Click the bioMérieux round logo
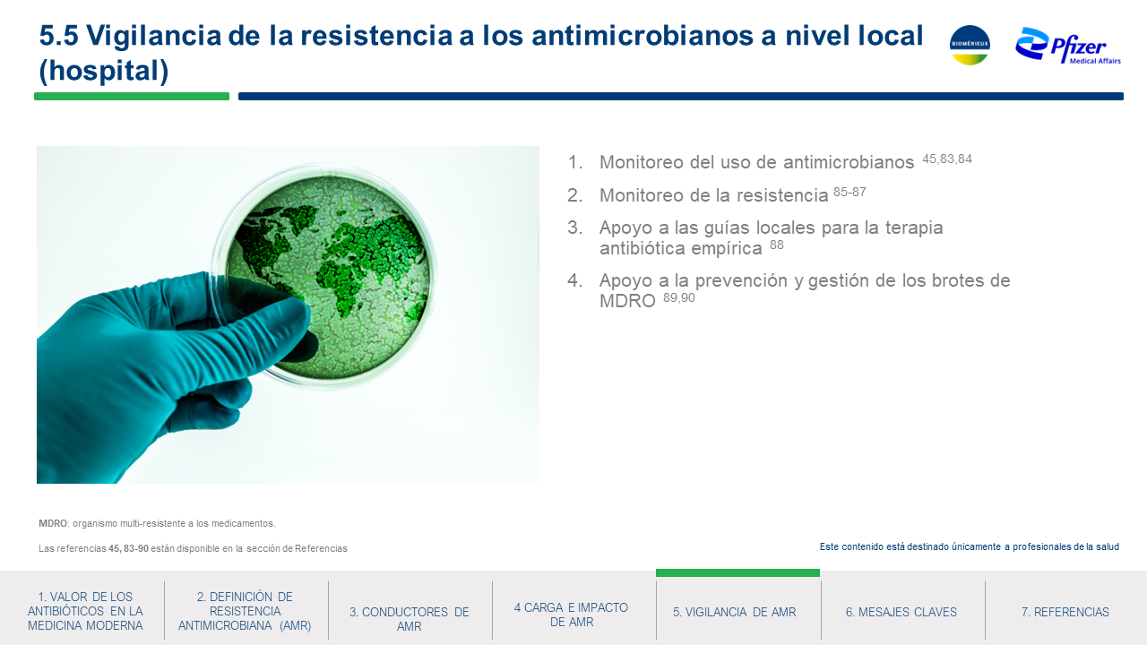coord(970,45)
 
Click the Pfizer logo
coord(1068,46)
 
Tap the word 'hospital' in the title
coord(103,70)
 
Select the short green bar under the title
coord(132,96)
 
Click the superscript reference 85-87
coord(849,192)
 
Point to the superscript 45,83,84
coord(947,159)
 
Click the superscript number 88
coord(776,245)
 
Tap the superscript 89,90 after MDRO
coord(679,298)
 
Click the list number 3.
coord(574,228)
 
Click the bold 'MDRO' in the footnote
coord(53,524)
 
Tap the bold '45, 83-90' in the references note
coord(128,549)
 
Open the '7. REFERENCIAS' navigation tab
coord(1065,612)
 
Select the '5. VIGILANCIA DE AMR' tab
coord(734,612)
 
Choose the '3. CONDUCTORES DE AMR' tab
coord(410,619)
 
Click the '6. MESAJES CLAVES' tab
coord(901,612)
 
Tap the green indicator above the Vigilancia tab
coord(737,572)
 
